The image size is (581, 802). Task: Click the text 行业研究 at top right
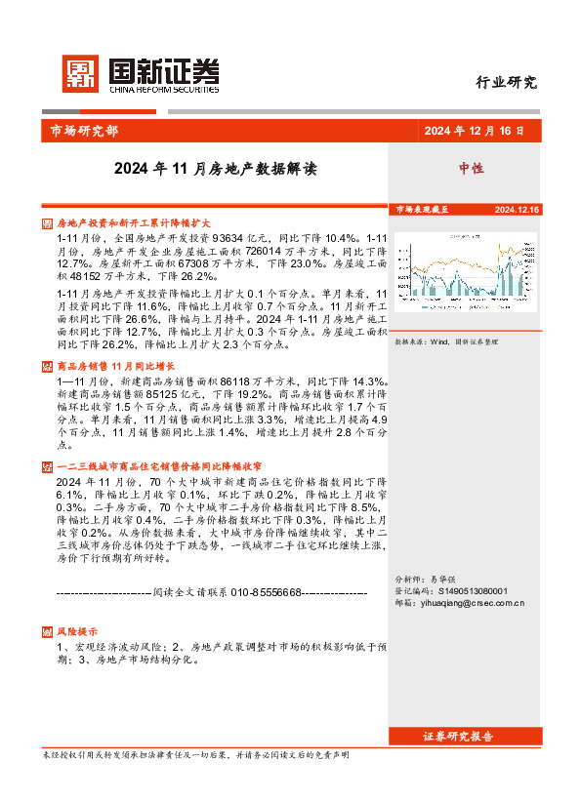point(507,83)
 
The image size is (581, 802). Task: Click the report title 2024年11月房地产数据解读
point(216,168)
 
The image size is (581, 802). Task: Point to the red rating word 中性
point(472,168)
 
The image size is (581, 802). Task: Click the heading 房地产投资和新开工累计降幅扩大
point(120,223)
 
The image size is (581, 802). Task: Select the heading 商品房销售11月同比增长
point(108,366)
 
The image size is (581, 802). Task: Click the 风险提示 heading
point(77,631)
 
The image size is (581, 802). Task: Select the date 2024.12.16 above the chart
point(517,210)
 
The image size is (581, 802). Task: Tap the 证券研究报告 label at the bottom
point(458,736)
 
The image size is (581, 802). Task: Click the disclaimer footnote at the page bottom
point(196,755)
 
